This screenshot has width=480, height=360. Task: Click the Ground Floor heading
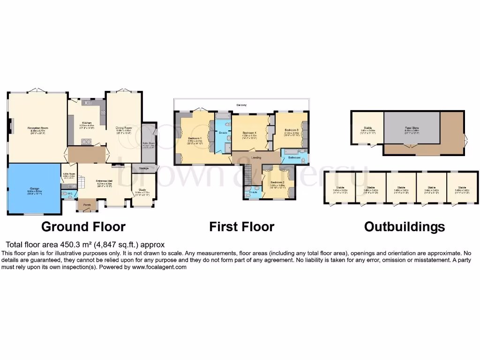(x=83, y=227)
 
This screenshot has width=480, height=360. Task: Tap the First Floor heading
(x=241, y=227)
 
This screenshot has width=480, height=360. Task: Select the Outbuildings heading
(x=404, y=227)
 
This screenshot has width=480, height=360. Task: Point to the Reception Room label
(x=38, y=128)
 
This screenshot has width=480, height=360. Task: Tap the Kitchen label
(x=87, y=123)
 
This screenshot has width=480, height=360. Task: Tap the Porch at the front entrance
(x=87, y=205)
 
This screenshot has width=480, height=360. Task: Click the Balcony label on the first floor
(x=241, y=105)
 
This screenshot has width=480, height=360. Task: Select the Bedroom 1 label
(x=195, y=138)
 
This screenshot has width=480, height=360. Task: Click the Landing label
(x=256, y=157)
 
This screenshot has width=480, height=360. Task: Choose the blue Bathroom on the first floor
(x=294, y=157)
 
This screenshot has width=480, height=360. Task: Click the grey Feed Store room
(x=412, y=127)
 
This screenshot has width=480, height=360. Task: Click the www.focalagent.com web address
(x=159, y=267)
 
